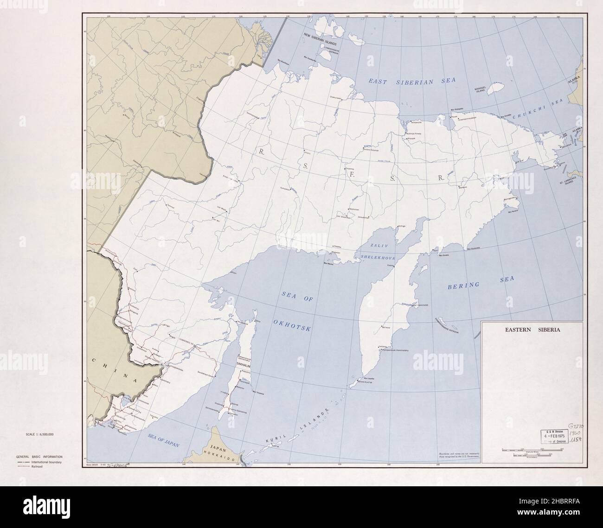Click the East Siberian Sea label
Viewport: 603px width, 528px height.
tap(412, 81)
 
